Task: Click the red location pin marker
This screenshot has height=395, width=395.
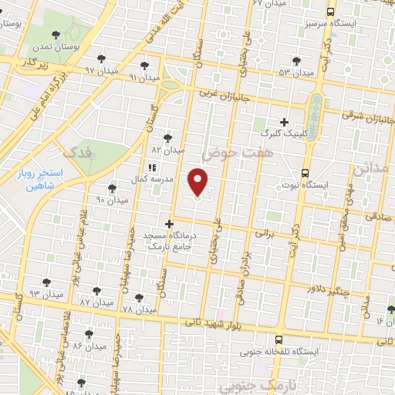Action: pyautogui.click(x=198, y=182)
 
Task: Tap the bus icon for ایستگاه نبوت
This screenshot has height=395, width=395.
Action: pyautogui.click(x=305, y=173)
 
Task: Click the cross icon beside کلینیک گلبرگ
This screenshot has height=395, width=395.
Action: pyautogui.click(x=285, y=122)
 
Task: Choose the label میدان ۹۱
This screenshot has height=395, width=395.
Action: pyautogui.click(x=143, y=78)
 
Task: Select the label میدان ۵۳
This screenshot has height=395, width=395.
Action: pyautogui.click(x=295, y=73)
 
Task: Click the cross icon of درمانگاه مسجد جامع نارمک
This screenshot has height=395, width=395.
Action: pyautogui.click(x=170, y=224)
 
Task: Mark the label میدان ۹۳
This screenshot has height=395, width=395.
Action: pyautogui.click(x=45, y=295)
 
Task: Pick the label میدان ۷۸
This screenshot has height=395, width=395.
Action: pyautogui.click(x=139, y=309)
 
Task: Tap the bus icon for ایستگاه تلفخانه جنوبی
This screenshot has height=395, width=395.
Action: pyautogui.click(x=279, y=339)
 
